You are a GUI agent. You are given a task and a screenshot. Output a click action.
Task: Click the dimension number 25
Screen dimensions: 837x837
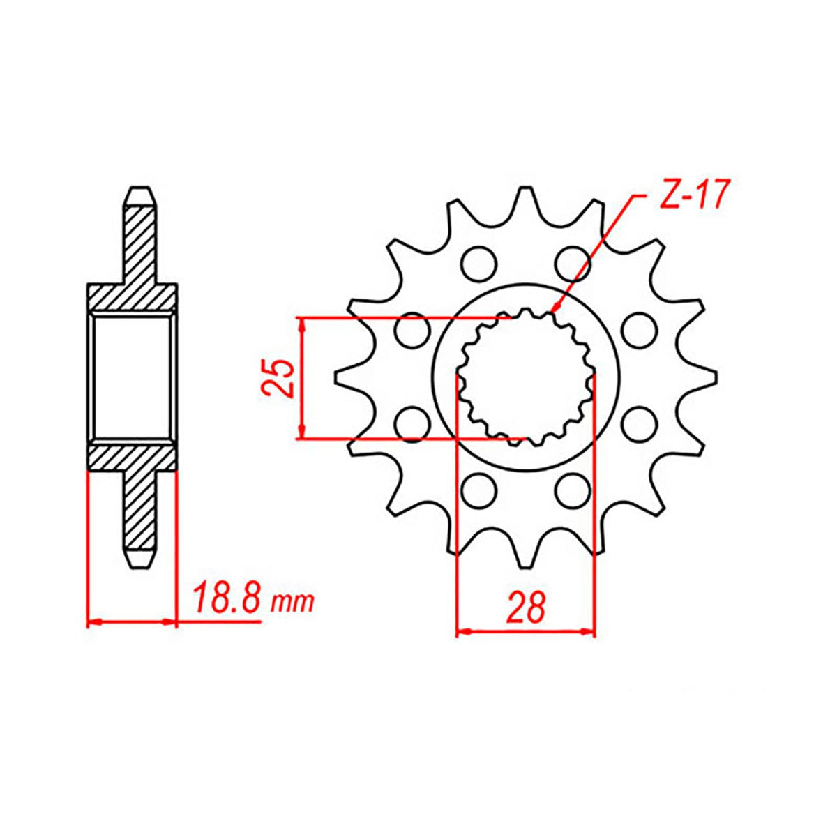tap(276, 378)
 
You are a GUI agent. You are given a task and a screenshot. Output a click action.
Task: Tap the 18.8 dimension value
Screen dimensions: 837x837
tap(227, 599)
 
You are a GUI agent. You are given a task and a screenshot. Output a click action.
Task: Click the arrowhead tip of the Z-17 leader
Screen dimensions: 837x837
tap(553, 312)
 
